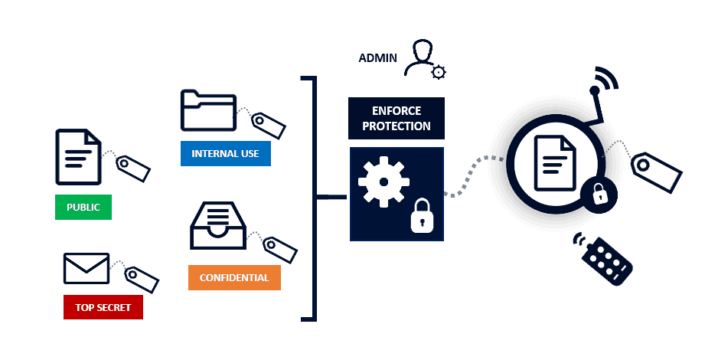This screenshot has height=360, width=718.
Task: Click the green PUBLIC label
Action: click(x=83, y=207)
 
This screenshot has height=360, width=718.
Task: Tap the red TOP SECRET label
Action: click(x=103, y=307)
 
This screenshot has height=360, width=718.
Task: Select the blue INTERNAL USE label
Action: click(x=225, y=153)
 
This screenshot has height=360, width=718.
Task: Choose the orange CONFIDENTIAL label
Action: click(x=234, y=277)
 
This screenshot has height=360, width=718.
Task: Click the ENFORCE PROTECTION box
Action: click(x=396, y=118)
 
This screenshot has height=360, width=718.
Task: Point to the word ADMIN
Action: click(x=378, y=58)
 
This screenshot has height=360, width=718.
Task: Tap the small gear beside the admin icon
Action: click(x=439, y=72)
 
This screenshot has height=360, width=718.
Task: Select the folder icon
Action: click(x=208, y=110)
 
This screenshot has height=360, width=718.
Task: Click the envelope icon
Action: click(x=86, y=268)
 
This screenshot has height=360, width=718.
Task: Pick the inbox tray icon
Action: click(x=218, y=225)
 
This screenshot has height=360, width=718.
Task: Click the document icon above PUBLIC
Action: click(x=78, y=157)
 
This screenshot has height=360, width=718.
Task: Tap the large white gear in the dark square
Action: click(x=383, y=182)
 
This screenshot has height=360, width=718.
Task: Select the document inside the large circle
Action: click(x=555, y=163)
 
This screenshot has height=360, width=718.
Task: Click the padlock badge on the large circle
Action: click(x=599, y=195)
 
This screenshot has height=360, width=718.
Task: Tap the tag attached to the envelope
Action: click(x=142, y=280)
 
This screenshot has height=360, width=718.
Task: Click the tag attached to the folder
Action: click(x=269, y=125)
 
